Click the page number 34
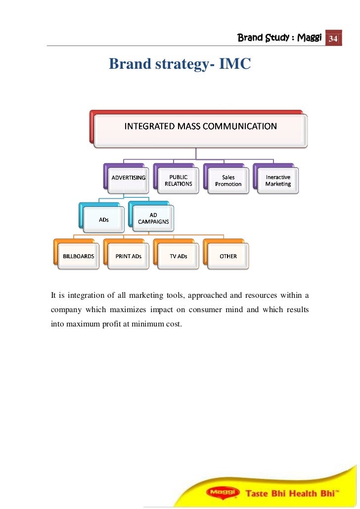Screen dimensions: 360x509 click(333, 39)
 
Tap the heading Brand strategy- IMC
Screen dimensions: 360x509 click(180, 64)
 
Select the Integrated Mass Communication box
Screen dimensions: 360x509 click(200, 127)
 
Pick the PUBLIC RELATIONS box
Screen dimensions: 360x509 click(178, 181)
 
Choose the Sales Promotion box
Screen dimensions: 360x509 click(228, 181)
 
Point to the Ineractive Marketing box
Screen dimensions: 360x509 click(278, 181)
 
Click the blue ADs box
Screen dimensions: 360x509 click(104, 220)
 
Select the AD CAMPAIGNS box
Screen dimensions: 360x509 click(153, 219)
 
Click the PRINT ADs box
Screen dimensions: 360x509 click(129, 256)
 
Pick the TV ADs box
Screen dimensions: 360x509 click(179, 256)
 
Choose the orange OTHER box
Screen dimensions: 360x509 click(228, 256)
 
